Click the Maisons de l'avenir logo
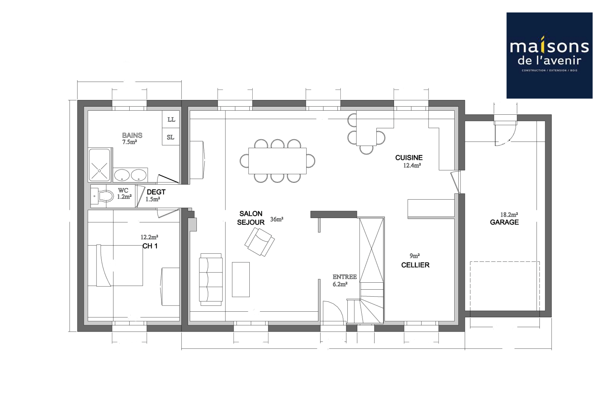pyautogui.click(x=549, y=56)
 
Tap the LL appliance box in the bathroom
pyautogui.click(x=171, y=119)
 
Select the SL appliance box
pyautogui.click(x=170, y=137)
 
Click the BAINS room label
pyautogui.click(x=132, y=135)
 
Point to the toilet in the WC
pyautogui.click(x=105, y=196)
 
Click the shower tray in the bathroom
pyautogui.click(x=100, y=165)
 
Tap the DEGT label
pyautogui.click(x=156, y=192)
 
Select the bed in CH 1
pyautogui.click(x=119, y=265)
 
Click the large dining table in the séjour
pyautogui.click(x=277, y=161)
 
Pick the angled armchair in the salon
pyautogui.click(x=260, y=242)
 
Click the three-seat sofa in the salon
pyautogui.click(x=211, y=279)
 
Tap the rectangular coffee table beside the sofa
pyautogui.click(x=241, y=279)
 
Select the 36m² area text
pyautogui.click(x=277, y=219)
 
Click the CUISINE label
pyautogui.click(x=409, y=158)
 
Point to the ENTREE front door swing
pyautogui.click(x=332, y=312)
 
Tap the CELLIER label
pyautogui.click(x=415, y=265)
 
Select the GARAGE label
pyautogui.click(x=504, y=222)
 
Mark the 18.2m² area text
pyautogui.click(x=509, y=215)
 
